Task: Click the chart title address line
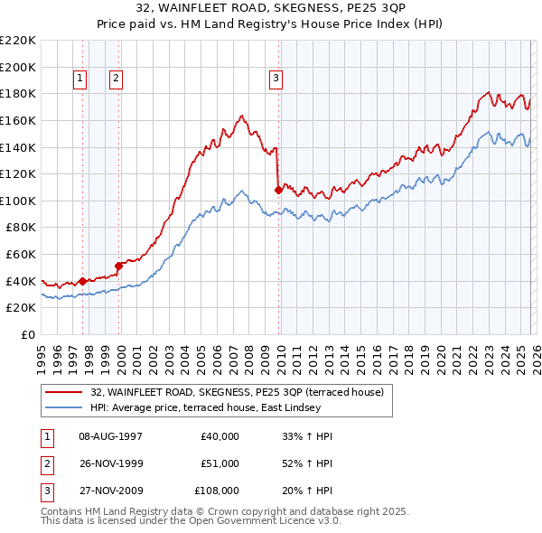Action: click(x=270, y=9)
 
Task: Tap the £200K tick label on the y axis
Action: click(x=18, y=67)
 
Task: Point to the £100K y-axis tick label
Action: click(x=18, y=201)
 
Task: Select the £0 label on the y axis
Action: click(x=28, y=334)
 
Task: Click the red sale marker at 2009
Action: click(x=278, y=190)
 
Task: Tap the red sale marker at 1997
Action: click(x=82, y=281)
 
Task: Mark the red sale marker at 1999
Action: click(x=118, y=266)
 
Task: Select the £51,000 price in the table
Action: click(x=220, y=463)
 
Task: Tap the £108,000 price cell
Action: click(x=217, y=491)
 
